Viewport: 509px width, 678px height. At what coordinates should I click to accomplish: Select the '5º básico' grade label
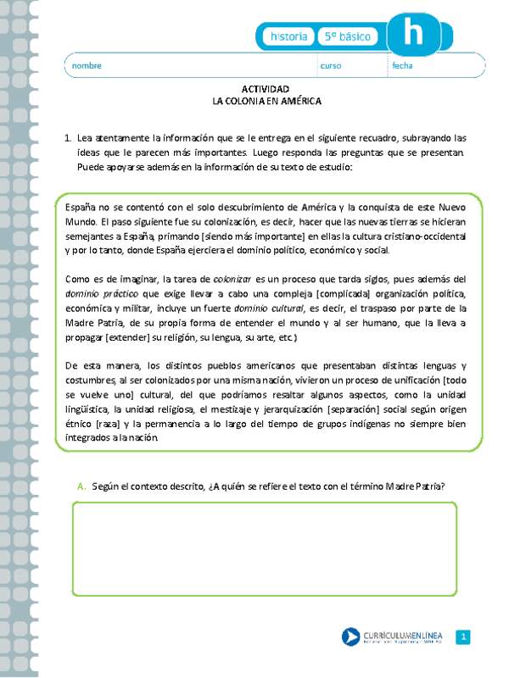pyautogui.click(x=349, y=36)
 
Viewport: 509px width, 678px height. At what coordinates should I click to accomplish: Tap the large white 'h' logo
pyautogui.click(x=412, y=35)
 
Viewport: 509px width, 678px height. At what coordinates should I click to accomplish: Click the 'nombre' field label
pyautogui.click(x=87, y=66)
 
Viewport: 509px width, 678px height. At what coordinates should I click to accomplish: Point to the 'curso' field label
pyautogui.click(x=330, y=66)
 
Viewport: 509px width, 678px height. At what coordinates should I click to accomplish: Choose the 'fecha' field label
pyautogui.click(x=402, y=66)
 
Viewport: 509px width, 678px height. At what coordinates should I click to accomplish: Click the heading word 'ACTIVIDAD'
pyautogui.click(x=266, y=89)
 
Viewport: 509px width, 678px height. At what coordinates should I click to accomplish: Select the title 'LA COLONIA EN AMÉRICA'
pyautogui.click(x=266, y=100)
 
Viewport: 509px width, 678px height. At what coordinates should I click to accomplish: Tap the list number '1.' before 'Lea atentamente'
pyautogui.click(x=67, y=136)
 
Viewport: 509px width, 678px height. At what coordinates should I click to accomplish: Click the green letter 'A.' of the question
pyautogui.click(x=81, y=486)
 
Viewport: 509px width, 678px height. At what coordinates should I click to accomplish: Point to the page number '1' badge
pyautogui.click(x=462, y=637)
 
